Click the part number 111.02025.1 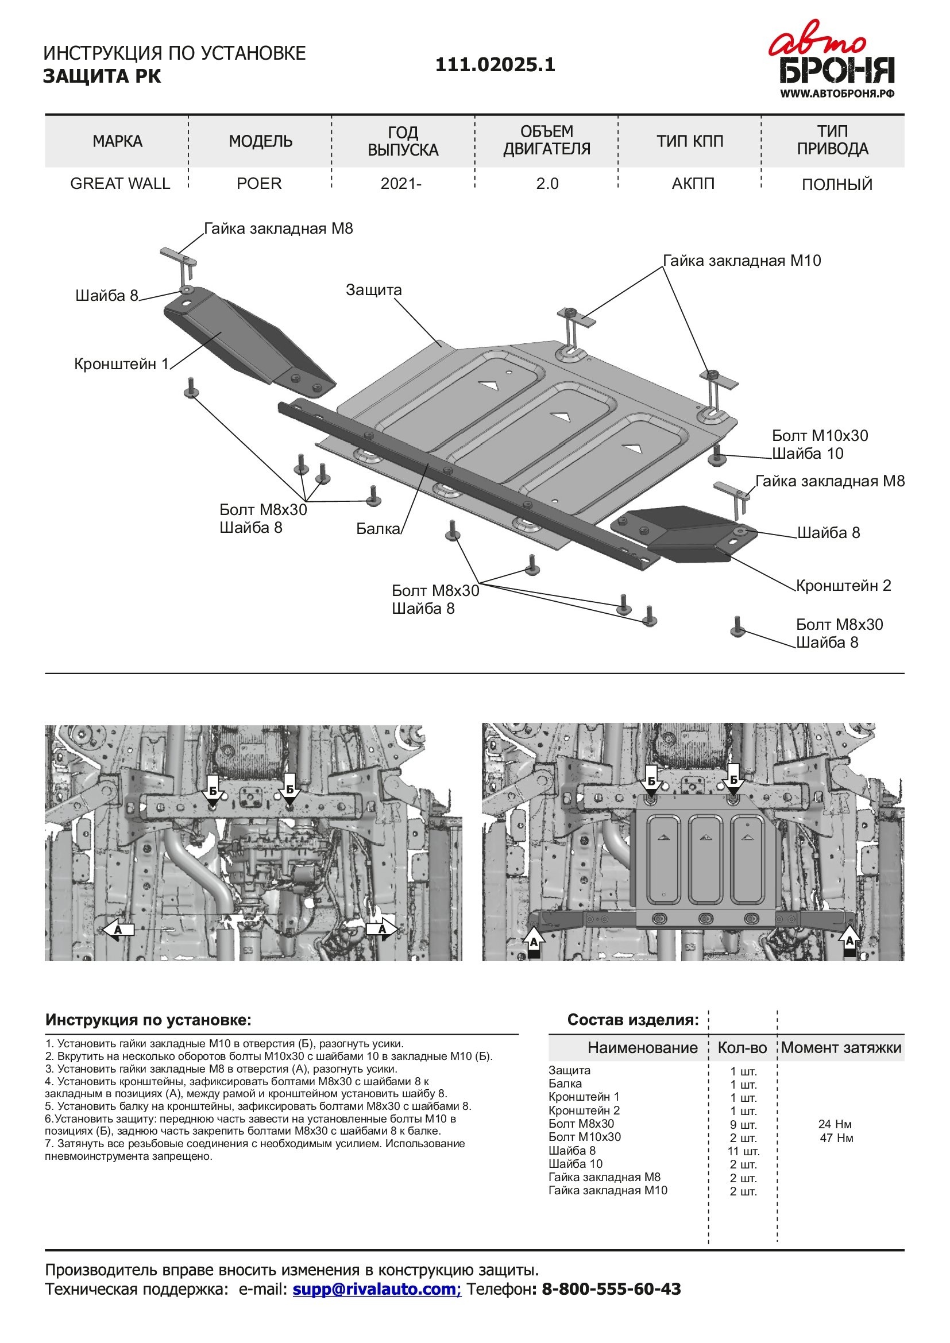pos(495,64)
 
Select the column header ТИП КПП pos(690,142)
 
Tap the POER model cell pos(259,184)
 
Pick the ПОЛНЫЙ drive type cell pos(836,185)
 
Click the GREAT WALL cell pos(120,184)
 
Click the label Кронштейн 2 pos(843,586)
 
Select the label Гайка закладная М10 pos(741,261)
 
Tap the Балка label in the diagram pos(378,529)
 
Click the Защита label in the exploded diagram pos(374,290)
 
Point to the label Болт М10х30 pos(820,436)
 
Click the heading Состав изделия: pos(633,1020)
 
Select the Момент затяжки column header pos(841,1048)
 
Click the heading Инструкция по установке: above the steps pos(148,1020)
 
